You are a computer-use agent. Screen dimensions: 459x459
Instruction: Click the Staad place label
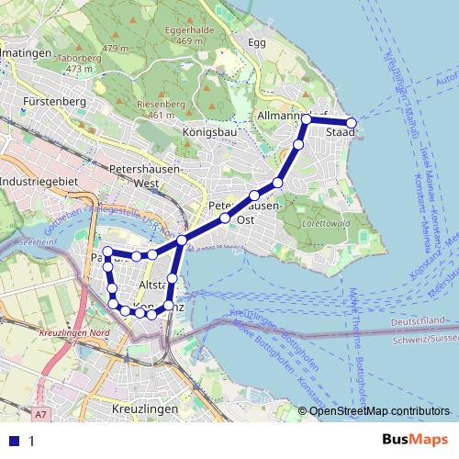pos(341,133)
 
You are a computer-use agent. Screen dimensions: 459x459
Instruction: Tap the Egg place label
pos(256,42)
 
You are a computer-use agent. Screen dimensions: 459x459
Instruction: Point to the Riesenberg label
pos(161,105)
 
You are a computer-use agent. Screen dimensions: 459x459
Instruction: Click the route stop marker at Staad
pos(351,123)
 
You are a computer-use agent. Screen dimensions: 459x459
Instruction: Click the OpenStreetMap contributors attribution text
pos(379,411)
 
